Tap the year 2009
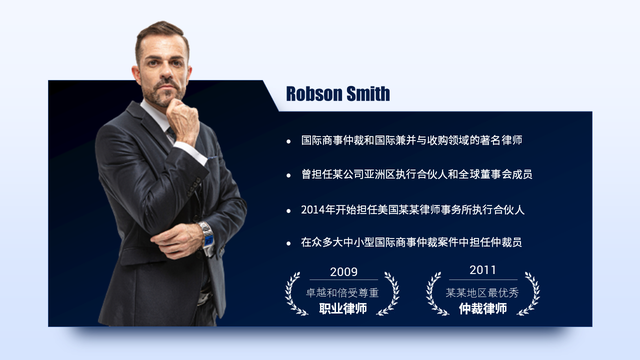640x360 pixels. pos(343,271)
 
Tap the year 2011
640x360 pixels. pos(482,270)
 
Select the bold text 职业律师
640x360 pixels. pos(343,309)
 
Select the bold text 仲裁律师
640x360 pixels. pos(483,309)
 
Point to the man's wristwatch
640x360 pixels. pos(207,236)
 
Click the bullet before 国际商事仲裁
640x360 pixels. pos(289,142)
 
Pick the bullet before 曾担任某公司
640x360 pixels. pos(289,175)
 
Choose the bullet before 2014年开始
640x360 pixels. pos(289,210)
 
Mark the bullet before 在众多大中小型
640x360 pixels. pos(289,243)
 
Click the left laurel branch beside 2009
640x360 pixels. pos(294,293)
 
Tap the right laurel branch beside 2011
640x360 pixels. pos(532,293)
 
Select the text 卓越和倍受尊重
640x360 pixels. pos(343,292)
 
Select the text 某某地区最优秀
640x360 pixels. pos(483,292)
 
